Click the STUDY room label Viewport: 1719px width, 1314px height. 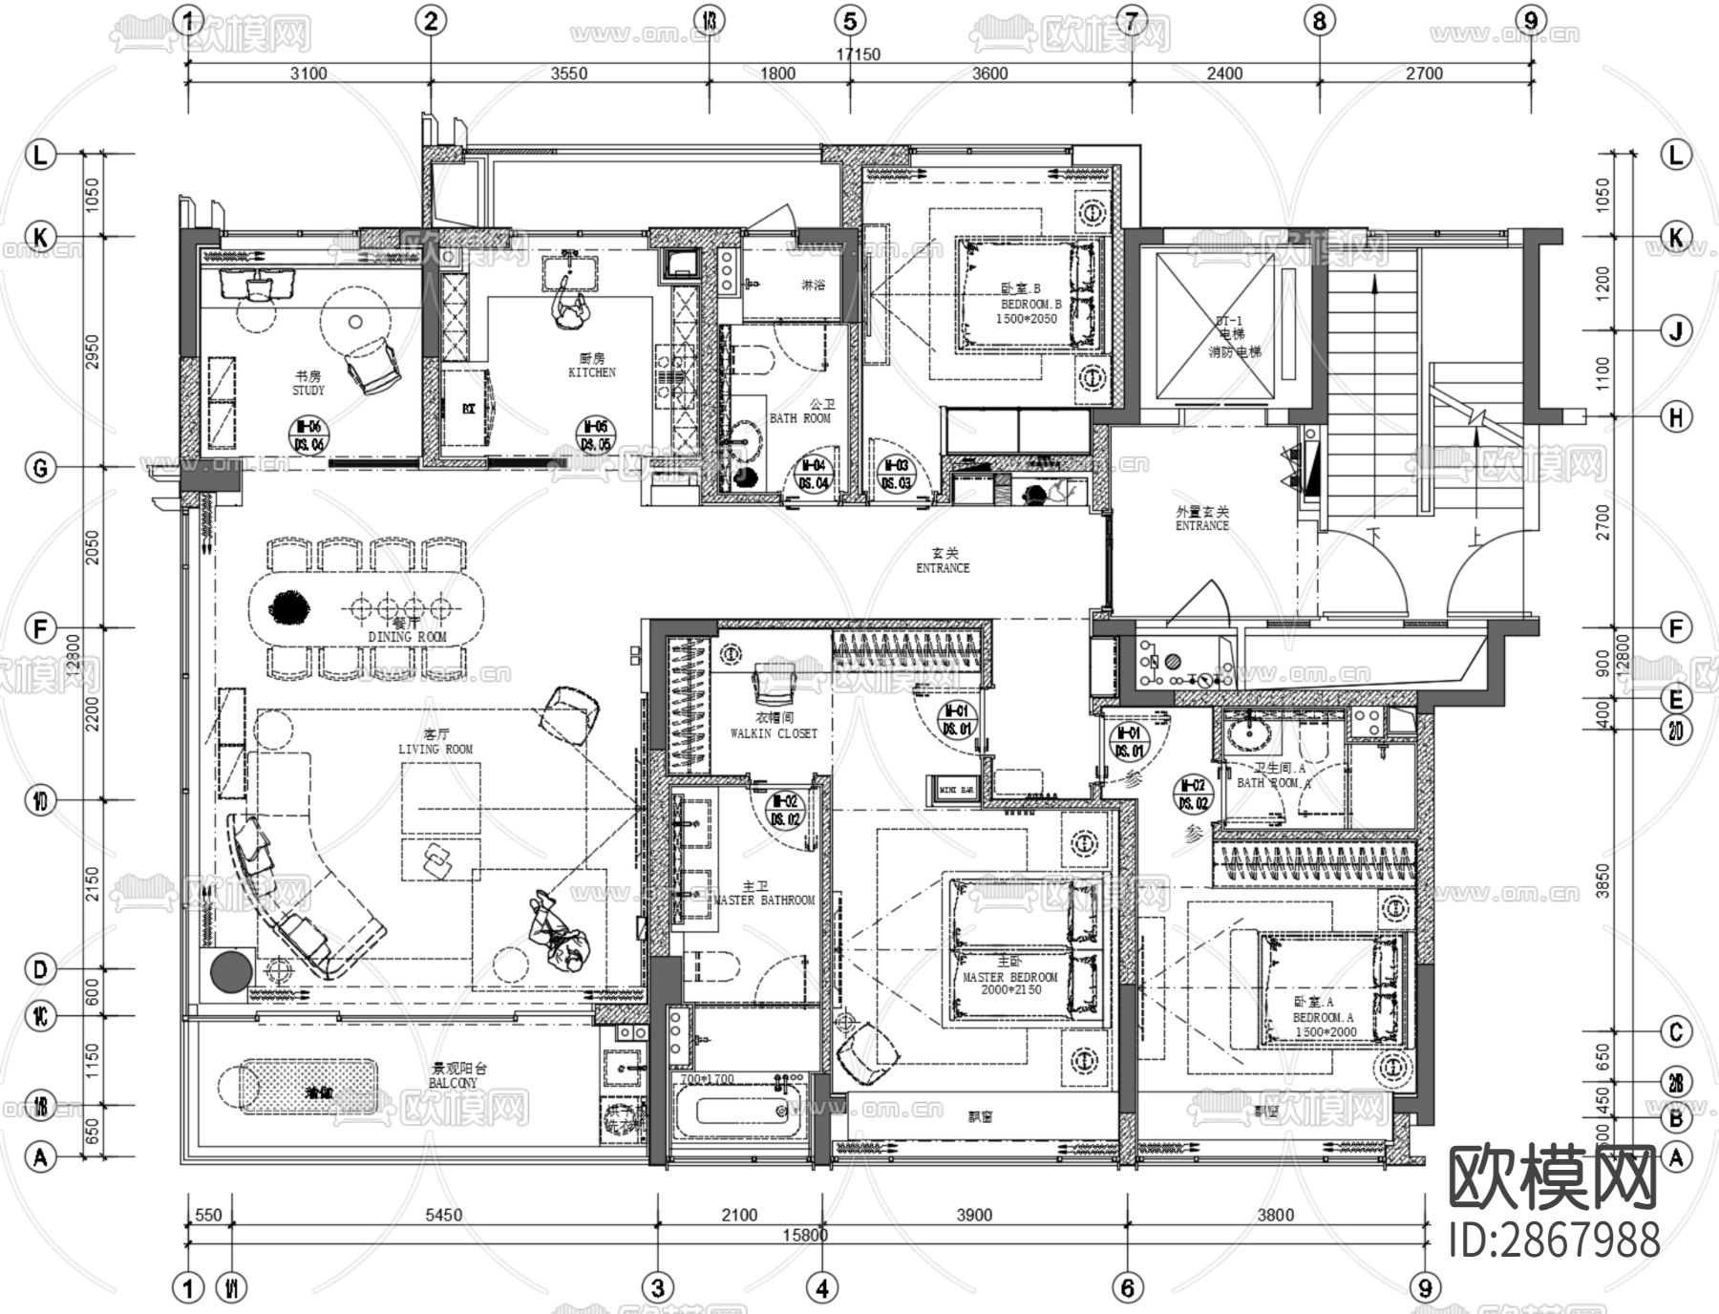[308, 383]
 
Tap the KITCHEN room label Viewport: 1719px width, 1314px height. [592, 366]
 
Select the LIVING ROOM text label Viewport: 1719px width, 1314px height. [435, 743]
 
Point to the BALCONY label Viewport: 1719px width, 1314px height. [453, 1076]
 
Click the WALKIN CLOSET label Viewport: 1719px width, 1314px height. [774, 727]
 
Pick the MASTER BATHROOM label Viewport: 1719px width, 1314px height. [763, 895]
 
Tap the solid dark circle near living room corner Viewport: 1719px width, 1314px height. [231, 972]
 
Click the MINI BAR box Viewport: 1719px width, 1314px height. [956, 790]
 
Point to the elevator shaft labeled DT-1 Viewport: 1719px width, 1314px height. [1216, 325]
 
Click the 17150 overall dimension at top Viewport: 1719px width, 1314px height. [858, 54]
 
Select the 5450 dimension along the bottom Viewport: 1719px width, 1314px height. [443, 1215]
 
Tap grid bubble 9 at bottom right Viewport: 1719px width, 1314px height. [1426, 1288]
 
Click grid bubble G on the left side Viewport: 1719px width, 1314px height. [40, 468]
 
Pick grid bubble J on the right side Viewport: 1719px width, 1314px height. [1676, 331]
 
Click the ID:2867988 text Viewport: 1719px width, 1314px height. [1555, 1240]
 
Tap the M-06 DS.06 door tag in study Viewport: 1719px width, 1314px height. [308, 435]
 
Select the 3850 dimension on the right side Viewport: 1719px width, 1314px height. [1603, 881]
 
